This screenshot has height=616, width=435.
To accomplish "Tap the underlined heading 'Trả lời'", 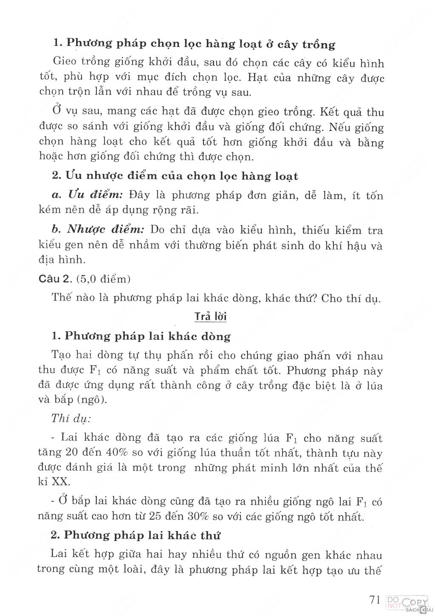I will click(211, 317).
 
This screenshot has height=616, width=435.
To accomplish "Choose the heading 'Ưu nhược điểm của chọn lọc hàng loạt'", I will click(175, 176).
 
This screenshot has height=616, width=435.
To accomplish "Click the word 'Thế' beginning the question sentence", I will click(61, 297).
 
